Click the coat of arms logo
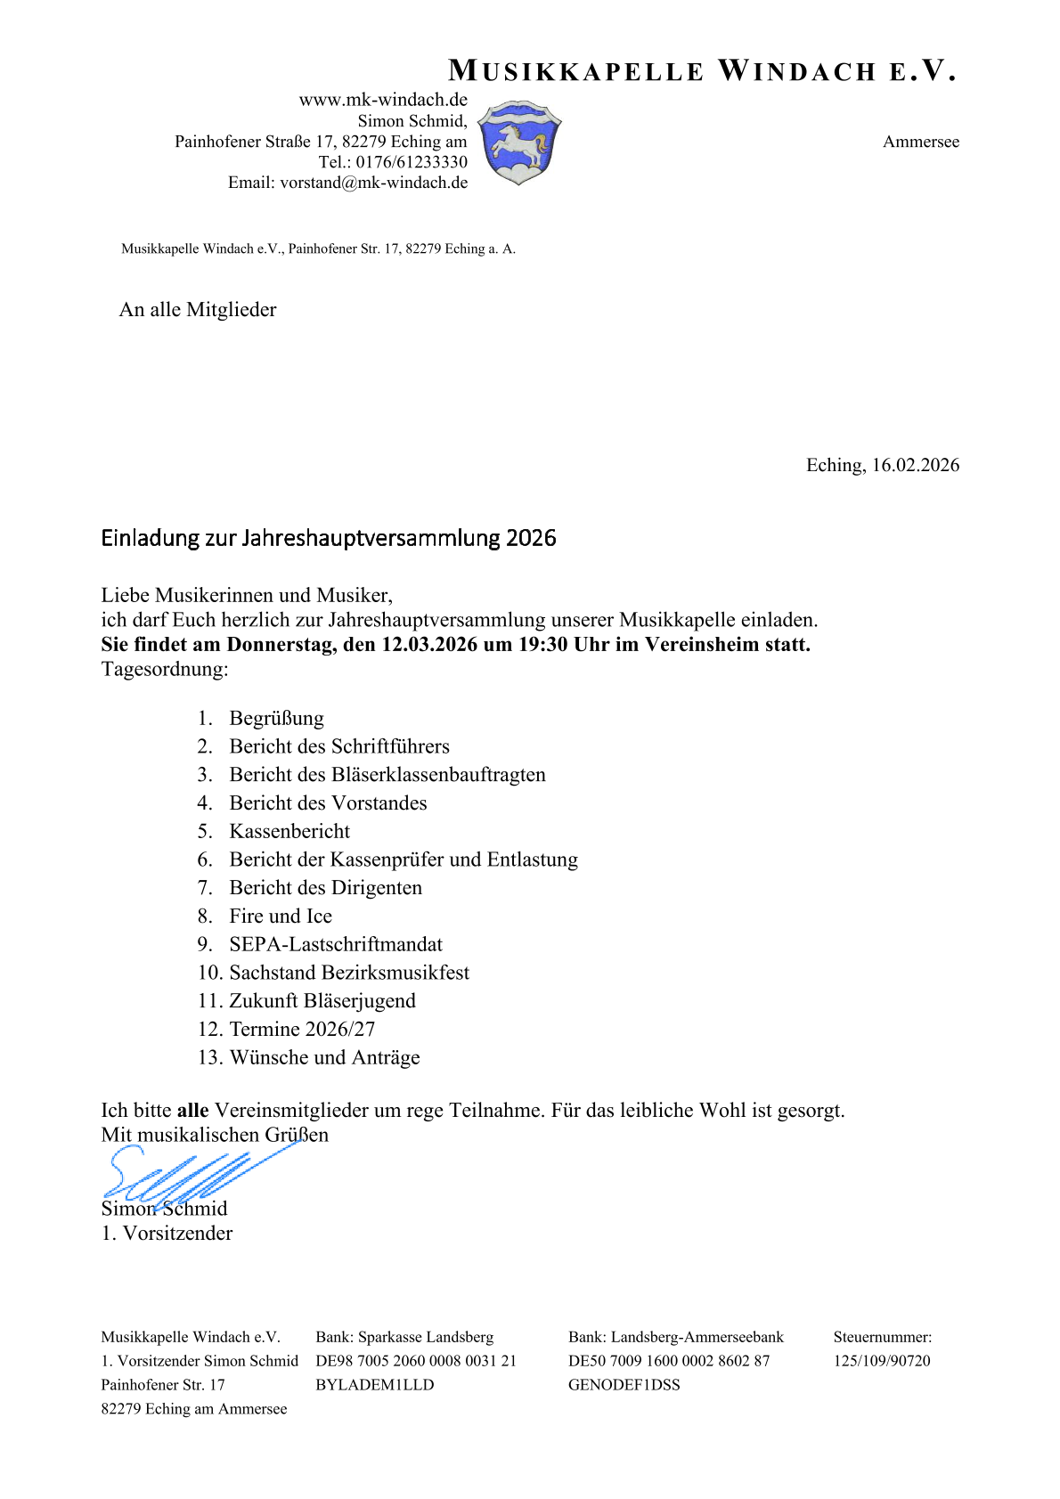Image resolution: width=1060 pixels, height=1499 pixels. coord(519,143)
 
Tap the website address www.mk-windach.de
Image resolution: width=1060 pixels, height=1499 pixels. coord(383,100)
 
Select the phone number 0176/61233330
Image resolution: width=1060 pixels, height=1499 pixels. coord(412,162)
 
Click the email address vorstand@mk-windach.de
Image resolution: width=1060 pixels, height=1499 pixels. coord(373,183)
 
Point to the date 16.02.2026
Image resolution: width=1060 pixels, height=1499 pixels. coord(915,465)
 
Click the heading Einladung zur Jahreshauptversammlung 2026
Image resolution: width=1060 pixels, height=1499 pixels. coord(328,538)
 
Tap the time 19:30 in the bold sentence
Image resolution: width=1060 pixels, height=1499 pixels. coord(542,645)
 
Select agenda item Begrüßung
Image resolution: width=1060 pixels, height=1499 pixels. coord(276,719)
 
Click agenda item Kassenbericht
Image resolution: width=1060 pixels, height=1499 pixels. coord(289,832)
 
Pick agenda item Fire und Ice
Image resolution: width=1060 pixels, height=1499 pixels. coord(281,917)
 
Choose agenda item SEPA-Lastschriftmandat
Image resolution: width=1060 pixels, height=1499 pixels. coord(336,945)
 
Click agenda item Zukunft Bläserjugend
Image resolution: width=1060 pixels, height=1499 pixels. coord(322,1001)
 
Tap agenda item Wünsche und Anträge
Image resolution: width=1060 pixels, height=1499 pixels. coord(324,1058)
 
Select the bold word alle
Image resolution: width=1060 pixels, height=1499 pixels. coord(192,1111)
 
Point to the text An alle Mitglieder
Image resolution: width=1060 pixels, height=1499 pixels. coord(198,310)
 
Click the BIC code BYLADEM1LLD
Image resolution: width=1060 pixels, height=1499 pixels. coord(374,1385)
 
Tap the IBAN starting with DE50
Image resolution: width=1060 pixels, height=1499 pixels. coord(668,1361)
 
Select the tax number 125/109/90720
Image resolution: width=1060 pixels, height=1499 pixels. coord(881,1361)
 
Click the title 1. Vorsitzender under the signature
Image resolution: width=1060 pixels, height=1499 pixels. coord(167,1234)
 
